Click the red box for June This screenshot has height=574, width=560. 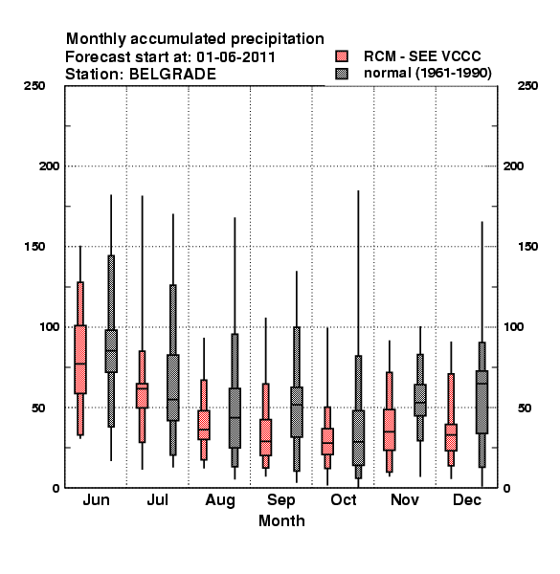[80, 359]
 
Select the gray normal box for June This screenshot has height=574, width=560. [111, 351]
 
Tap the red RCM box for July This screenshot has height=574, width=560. [142, 395]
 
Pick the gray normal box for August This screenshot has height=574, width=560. [235, 418]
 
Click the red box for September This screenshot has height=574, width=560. [266, 437]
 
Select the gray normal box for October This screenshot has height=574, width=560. [359, 438]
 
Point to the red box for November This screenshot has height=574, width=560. [390, 430]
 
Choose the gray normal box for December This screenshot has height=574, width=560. [482, 402]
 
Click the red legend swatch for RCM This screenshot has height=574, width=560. [342, 56]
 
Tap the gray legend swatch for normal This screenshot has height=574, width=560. [342, 74]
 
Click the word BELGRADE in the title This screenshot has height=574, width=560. [172, 75]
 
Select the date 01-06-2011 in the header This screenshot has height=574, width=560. [235, 57]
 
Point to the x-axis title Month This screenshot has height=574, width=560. [281, 520]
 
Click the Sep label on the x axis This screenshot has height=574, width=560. [280, 500]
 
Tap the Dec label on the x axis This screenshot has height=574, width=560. [467, 499]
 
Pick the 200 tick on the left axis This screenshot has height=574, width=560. [50, 166]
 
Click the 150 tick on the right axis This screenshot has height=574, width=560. [527, 247]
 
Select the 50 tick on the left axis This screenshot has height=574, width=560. [38, 408]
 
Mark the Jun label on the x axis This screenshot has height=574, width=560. [96, 499]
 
